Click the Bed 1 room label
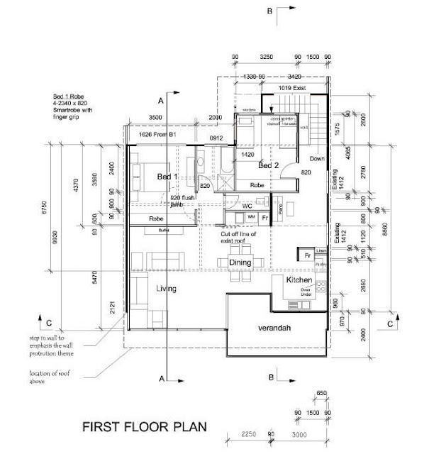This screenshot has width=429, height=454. coord(167,177)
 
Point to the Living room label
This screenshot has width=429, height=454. coord(166,289)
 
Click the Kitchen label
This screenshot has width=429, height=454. coord(299,280)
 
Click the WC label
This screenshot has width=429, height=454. coord(247,206)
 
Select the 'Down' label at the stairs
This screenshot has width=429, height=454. coord(318,159)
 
